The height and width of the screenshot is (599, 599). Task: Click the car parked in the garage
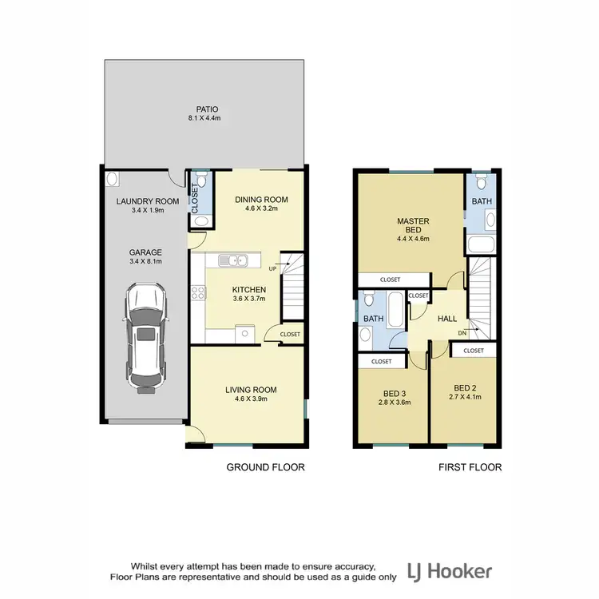[145, 339]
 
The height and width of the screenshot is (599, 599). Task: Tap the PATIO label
[208, 109]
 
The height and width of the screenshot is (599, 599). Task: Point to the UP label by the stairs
[273, 268]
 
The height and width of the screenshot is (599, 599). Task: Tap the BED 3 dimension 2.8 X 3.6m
[394, 403]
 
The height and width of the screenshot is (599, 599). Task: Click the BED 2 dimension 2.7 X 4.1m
[465, 396]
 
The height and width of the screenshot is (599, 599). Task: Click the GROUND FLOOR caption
[266, 467]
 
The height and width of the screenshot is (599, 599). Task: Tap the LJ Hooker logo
[450, 571]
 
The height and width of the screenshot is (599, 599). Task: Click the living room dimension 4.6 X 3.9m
[250, 399]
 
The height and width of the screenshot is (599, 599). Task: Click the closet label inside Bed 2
[473, 350]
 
